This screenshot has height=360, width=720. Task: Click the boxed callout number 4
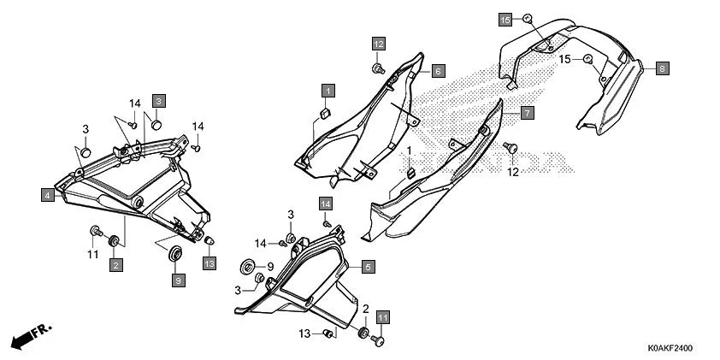(x=47, y=195)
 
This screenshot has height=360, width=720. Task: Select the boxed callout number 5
(x=368, y=266)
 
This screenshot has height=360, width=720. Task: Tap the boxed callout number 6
(x=438, y=71)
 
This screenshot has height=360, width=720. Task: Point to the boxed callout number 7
(x=527, y=113)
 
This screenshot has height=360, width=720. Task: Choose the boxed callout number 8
(x=662, y=68)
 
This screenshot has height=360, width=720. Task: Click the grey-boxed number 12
(x=378, y=44)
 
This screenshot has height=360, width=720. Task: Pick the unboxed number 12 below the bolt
(x=513, y=172)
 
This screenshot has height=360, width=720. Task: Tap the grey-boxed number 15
(x=505, y=20)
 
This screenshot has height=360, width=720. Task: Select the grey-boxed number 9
(x=179, y=280)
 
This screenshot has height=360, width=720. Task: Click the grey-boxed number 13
(x=210, y=263)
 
